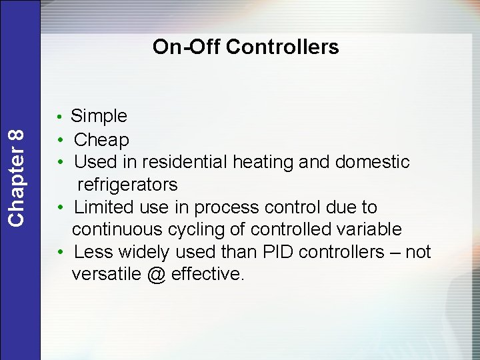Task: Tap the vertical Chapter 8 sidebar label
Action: point(19,177)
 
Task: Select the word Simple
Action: point(99,117)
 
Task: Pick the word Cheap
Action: point(101,140)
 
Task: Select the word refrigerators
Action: point(127,185)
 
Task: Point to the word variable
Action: point(368,230)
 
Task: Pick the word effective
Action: point(207,275)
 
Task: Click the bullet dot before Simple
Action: point(60,118)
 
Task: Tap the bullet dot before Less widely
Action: point(60,253)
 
